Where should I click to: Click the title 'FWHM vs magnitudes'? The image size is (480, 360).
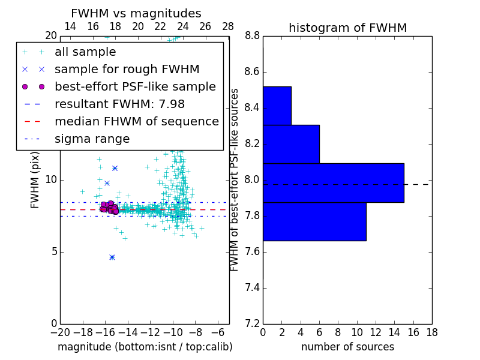[136, 13]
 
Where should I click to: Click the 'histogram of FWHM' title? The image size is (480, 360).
[347, 28]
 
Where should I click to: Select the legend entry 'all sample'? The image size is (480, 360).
[85, 52]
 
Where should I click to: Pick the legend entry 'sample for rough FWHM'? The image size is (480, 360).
[127, 70]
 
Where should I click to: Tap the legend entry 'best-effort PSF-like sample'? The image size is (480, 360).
[135, 87]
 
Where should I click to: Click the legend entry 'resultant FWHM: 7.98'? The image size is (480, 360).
[119, 104]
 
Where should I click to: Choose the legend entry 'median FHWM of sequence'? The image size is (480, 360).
[136, 122]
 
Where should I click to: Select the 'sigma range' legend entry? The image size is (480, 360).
[92, 139]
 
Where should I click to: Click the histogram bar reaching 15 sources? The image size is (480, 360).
[333, 183]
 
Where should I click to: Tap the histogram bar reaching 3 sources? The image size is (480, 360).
[277, 106]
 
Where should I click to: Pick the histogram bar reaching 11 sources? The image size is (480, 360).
[314, 221]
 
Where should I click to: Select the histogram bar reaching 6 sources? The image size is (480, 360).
[291, 144]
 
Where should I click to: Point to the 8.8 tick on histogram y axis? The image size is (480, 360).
[253, 36]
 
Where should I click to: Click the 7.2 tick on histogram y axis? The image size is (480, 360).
[253, 323]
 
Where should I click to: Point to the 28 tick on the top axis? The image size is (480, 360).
[228, 26]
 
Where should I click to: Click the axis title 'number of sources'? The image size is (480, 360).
[347, 347]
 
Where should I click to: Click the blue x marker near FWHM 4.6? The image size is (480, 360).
[112, 257]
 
